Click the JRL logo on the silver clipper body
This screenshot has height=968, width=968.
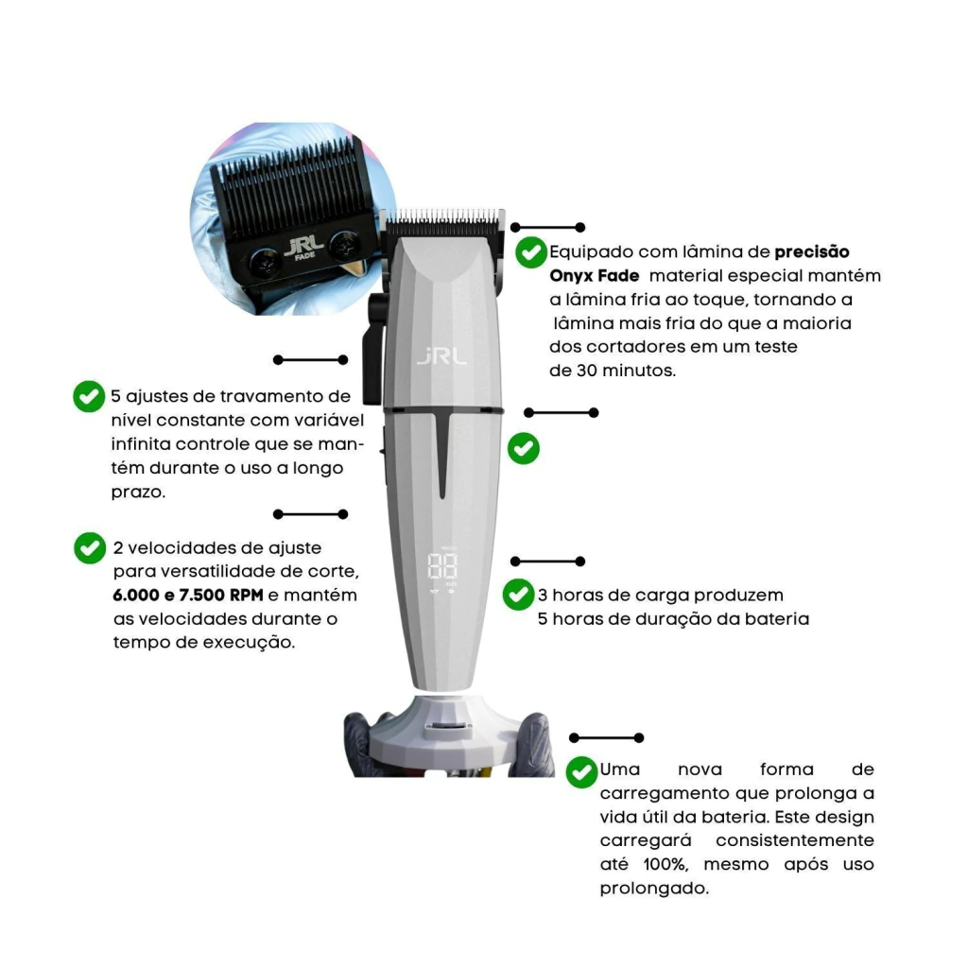pos(441,356)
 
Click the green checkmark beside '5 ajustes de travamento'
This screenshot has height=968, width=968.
pos(89,396)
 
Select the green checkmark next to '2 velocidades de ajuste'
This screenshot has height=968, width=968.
pos(90,548)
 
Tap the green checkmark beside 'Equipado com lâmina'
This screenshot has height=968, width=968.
pos(531,251)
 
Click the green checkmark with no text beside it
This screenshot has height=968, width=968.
pos(524,448)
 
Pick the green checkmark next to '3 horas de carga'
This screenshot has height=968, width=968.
pos(519,595)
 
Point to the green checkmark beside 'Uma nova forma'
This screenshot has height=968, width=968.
pos(581,772)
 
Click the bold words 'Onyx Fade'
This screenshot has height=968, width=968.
pos(594,276)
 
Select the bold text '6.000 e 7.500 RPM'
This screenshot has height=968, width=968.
pos(188,596)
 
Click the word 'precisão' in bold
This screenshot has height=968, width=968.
pos(812,252)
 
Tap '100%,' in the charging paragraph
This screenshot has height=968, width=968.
pos(665,864)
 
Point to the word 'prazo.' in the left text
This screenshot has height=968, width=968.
pos(138,493)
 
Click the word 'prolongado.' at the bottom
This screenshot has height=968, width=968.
pos(654,889)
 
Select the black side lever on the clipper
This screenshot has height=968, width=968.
pos(373,349)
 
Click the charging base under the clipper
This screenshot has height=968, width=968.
pos(444,734)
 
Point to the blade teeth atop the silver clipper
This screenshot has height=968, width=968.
pos(442,217)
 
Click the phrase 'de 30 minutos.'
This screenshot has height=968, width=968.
pos(613,371)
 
